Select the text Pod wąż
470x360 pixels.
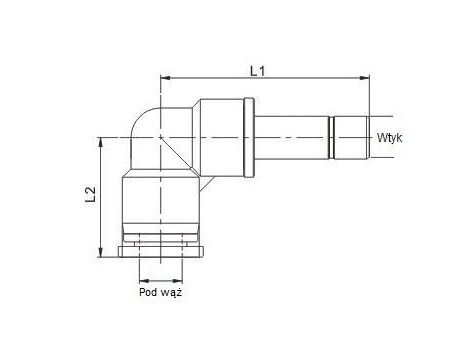tap(160, 293)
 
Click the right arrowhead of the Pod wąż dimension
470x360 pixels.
tap(182, 278)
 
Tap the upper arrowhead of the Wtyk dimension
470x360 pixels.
tap(371, 116)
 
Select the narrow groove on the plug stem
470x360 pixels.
tap(328, 136)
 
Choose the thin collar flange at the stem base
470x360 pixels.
tap(248, 136)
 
